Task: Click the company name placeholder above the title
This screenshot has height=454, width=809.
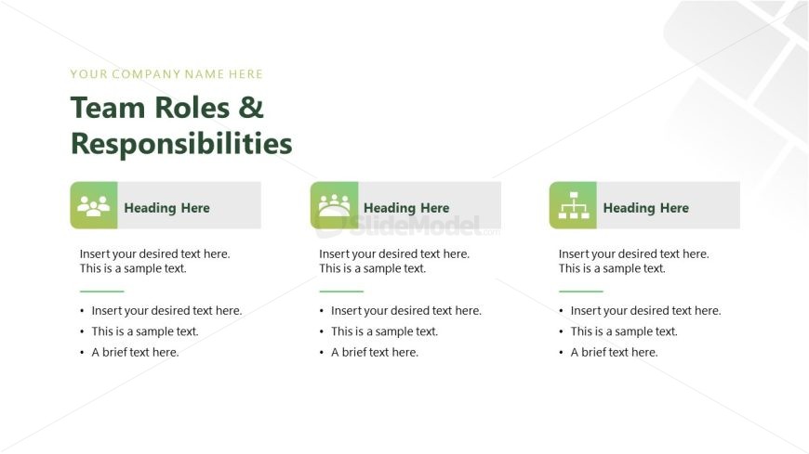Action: [x=166, y=74]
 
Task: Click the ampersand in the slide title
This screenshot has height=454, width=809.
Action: [x=251, y=108]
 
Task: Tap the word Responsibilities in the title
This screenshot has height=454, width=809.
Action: [x=181, y=143]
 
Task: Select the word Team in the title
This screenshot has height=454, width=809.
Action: [x=109, y=108]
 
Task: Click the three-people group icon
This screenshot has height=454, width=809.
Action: [x=93, y=205]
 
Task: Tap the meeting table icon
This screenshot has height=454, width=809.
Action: [x=334, y=205]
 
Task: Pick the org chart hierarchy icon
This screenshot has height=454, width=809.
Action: [x=573, y=205]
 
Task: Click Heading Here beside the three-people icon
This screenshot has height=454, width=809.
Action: [x=166, y=208]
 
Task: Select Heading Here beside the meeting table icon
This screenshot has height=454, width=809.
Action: [x=406, y=208]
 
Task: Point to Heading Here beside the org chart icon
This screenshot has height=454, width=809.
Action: [x=645, y=208]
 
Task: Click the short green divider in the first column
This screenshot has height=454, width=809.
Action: [x=101, y=292]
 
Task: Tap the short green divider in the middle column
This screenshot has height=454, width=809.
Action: [x=341, y=292]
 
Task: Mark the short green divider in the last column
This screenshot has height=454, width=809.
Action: [x=580, y=292]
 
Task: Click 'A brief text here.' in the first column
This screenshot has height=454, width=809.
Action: [x=135, y=353]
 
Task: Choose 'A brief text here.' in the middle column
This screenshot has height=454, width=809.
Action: [x=375, y=353]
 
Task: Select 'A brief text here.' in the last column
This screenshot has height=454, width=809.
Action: [x=614, y=353]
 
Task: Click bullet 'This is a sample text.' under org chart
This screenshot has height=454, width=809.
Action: [x=624, y=331]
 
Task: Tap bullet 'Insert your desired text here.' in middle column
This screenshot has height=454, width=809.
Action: [x=406, y=311]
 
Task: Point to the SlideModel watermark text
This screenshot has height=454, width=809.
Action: [x=416, y=226]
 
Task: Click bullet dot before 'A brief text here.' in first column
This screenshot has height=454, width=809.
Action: [x=82, y=353]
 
